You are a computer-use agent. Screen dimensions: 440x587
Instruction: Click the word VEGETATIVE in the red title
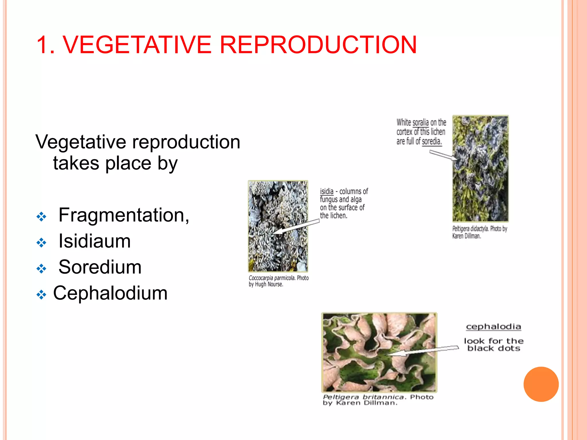tap(137, 45)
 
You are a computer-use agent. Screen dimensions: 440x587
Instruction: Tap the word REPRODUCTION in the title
tap(318, 45)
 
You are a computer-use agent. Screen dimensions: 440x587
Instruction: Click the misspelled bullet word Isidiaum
tap(95, 241)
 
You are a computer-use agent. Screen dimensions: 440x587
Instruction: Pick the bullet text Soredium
tap(100, 267)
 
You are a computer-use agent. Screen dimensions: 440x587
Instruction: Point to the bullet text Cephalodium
tap(110, 293)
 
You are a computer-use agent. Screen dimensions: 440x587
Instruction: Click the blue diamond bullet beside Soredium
tap(41, 268)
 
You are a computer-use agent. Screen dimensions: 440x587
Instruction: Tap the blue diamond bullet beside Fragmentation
tap(41, 217)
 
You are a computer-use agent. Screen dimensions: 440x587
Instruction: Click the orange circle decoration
tap(541, 384)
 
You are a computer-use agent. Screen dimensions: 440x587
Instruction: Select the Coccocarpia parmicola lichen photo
tap(278, 226)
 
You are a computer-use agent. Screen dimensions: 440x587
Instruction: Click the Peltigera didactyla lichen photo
tap(480, 168)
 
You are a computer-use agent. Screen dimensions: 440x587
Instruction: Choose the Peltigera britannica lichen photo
tap(379, 352)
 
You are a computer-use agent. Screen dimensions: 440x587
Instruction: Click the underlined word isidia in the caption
tap(326, 191)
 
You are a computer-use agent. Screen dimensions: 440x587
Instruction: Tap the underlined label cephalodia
tap(493, 327)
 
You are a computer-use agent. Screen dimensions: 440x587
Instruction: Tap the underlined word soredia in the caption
tap(431, 142)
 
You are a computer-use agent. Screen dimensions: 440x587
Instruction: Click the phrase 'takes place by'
tap(115, 163)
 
